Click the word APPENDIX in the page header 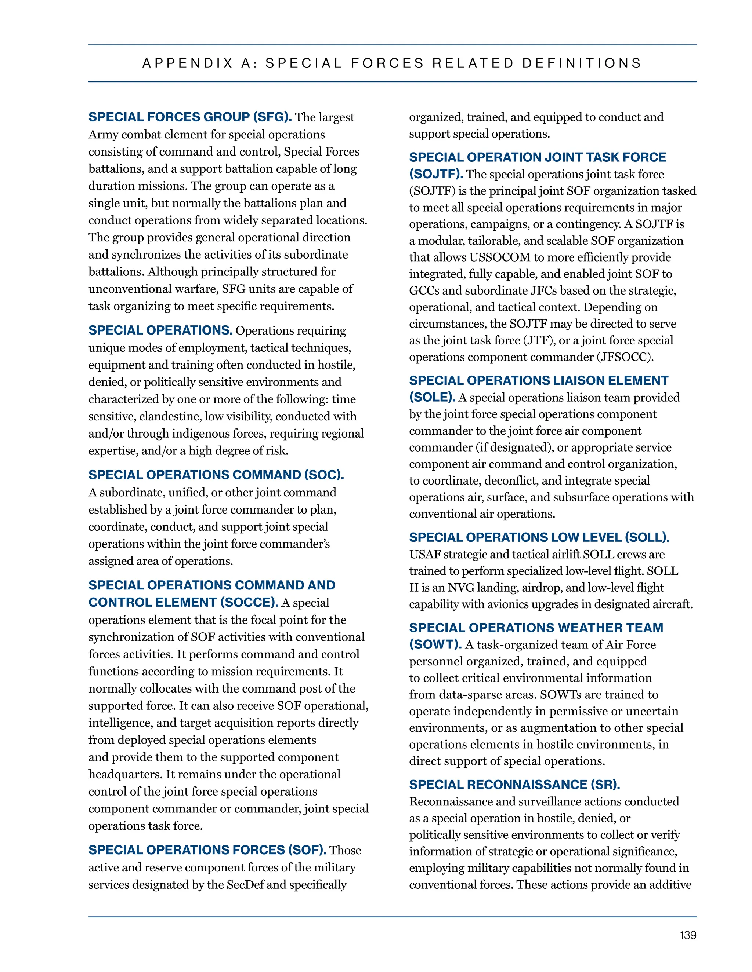pos(188,63)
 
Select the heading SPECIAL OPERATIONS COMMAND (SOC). pos(216,475)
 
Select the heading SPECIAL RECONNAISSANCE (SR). pos(514,785)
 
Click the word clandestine pos(170,417)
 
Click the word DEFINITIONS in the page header pos(581,63)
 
